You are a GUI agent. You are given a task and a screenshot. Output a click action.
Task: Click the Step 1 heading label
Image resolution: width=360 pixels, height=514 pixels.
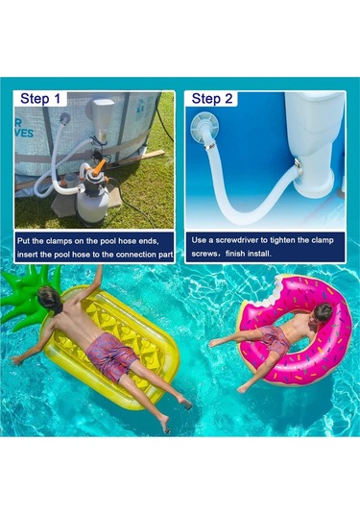tap(40, 98)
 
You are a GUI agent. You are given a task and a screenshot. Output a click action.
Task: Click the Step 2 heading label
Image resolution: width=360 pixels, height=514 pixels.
tap(212, 98)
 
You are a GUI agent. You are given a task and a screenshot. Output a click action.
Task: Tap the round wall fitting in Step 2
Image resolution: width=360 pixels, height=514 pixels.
tap(203, 126)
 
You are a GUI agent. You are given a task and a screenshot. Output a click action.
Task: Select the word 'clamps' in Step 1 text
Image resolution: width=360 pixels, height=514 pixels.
tap(60, 241)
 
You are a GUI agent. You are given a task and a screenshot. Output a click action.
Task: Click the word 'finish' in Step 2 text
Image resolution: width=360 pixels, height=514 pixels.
tap(235, 254)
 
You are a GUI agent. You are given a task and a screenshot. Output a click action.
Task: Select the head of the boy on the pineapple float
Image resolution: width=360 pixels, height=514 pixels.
tap(50, 297)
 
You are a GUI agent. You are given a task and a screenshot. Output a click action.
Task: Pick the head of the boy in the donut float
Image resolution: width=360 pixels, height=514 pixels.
tap(323, 312)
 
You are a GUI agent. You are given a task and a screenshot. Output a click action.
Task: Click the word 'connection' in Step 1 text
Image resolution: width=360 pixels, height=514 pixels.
tap(135, 255)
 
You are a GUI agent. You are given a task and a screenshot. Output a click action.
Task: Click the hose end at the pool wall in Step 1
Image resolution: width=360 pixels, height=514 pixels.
tap(64, 119)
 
